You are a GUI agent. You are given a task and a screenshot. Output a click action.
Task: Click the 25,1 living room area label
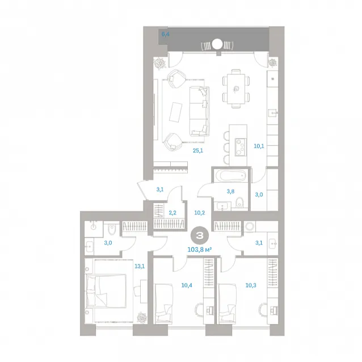pyautogui.click(x=198, y=151)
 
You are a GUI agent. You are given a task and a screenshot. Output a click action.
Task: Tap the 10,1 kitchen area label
pyautogui.click(x=259, y=146)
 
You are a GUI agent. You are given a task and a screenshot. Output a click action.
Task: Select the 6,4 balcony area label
pyautogui.click(x=166, y=35)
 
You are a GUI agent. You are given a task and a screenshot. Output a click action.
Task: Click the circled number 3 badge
pyautogui.click(x=200, y=235)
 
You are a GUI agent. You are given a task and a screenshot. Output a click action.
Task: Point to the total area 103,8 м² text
pyautogui.click(x=200, y=249)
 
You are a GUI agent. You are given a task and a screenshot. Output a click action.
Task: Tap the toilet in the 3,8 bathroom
pyautogui.click(x=240, y=202)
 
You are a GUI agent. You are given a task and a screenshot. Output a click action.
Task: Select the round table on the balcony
pyautogui.click(x=217, y=44)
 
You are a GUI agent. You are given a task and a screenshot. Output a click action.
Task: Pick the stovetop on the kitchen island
pyautogui.click(x=241, y=146)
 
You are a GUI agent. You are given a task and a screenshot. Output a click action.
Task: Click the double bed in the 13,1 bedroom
pyautogui.click(x=106, y=291)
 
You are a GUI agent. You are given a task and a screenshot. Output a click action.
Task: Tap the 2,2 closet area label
pyautogui.click(x=172, y=213)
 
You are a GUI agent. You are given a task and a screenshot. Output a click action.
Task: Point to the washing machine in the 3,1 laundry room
pyautogui.click(x=249, y=226)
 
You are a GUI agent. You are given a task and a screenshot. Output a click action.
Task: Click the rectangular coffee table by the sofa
pyautogui.click(x=176, y=112)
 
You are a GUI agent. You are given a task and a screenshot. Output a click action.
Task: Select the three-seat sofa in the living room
pyautogui.click(x=200, y=111)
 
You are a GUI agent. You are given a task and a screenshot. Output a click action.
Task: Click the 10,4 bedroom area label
pyautogui.click(x=187, y=285)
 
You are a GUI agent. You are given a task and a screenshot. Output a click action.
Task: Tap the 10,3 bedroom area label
pyautogui.click(x=251, y=285)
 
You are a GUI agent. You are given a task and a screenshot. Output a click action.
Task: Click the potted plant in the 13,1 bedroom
pyautogui.click(x=141, y=317)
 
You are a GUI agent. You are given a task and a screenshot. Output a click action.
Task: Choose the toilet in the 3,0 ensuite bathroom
pyautogui.click(x=112, y=229)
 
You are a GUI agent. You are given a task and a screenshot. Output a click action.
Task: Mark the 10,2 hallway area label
pyautogui.click(x=200, y=213)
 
